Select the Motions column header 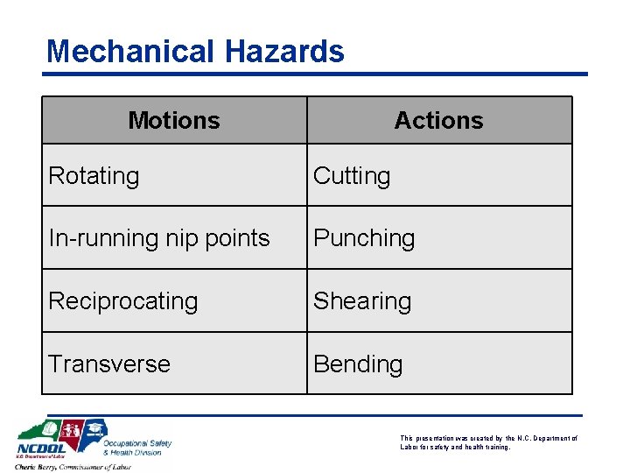(174, 120)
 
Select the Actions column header (438, 120)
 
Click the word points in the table (237, 238)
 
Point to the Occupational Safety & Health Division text (136, 448)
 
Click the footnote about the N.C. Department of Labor (488, 442)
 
